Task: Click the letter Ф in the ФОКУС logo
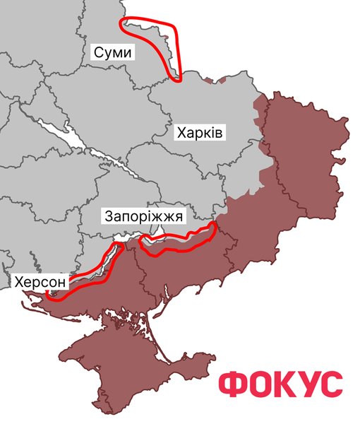[x=232, y=384]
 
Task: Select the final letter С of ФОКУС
[x=332, y=384]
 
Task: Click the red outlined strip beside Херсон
[x=88, y=271]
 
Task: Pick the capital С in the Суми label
[x=99, y=53]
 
